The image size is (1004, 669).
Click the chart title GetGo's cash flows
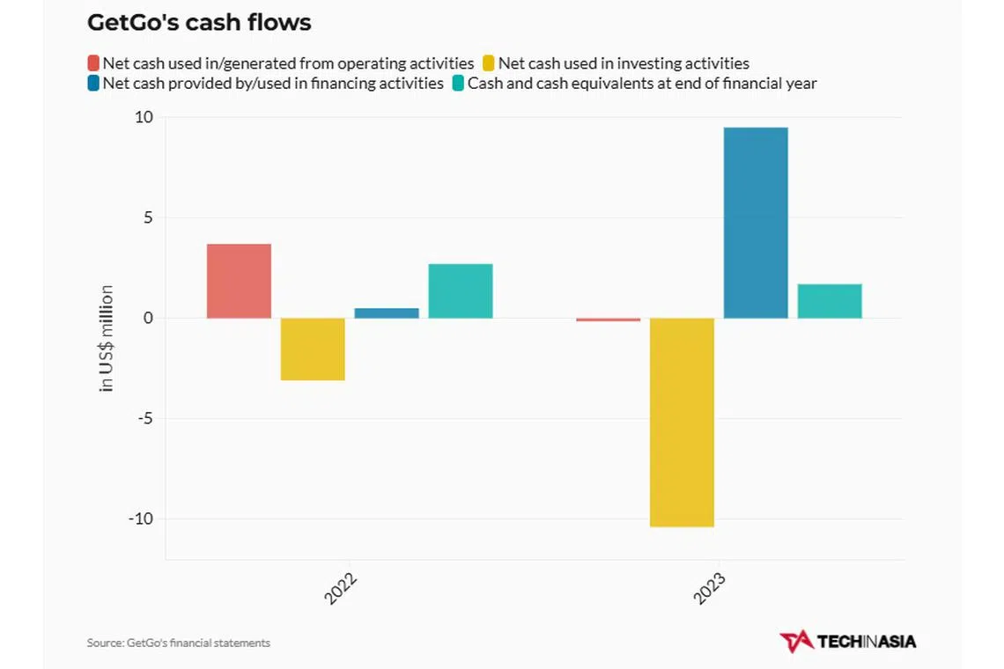click(199, 23)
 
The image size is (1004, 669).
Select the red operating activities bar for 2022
click(239, 281)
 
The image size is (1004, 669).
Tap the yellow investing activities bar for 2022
click(313, 349)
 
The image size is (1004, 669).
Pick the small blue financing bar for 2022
click(387, 312)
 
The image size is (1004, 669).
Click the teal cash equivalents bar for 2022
click(461, 290)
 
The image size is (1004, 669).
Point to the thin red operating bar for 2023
click(608, 320)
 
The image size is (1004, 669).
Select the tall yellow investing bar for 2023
click(682, 422)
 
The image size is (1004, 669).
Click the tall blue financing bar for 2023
click(756, 223)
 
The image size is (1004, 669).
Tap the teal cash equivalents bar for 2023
click(830, 301)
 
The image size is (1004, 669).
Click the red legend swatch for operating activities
click(93, 63)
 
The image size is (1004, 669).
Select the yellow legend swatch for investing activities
click(489, 63)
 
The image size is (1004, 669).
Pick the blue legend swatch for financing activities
click(93, 84)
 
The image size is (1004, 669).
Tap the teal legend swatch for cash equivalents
click(458, 84)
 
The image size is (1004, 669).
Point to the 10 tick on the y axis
click(144, 118)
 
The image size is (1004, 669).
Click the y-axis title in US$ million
click(107, 338)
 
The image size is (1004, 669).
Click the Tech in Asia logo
click(847, 641)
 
